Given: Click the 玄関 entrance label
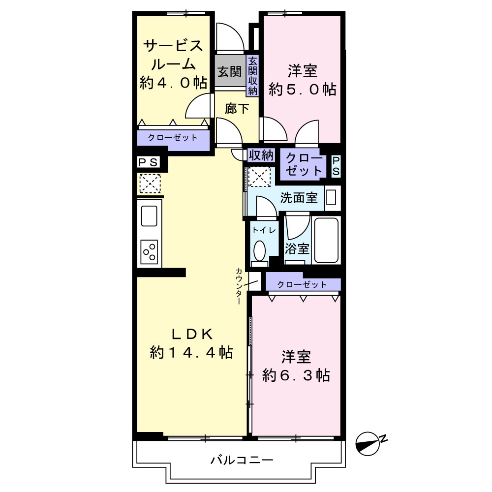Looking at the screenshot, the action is pos(230,72).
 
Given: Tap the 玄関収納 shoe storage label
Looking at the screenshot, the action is pos(252,76).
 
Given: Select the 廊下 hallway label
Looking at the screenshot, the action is pos(237,109).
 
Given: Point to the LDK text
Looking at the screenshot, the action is pos(192,334).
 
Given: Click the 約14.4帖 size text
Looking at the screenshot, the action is pos(191,352).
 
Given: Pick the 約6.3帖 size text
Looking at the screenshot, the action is pos(296,375).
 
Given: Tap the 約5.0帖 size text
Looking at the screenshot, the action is pos(303,90).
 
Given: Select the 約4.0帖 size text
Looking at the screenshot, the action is pos(173,83).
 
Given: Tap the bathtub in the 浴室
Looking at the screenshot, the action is pos(326,241).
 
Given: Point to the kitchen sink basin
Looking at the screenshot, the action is pos(149,215).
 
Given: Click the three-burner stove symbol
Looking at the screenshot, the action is pos(149,252).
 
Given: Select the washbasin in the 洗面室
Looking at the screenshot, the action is pos(331,198).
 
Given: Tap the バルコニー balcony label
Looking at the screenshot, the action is pos(242,461).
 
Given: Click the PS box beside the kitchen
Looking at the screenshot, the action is pos(149,162).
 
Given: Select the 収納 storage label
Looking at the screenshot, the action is pos(261,155).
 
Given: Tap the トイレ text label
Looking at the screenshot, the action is pos(264,230).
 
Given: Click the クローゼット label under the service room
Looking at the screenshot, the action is pos(173,137).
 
